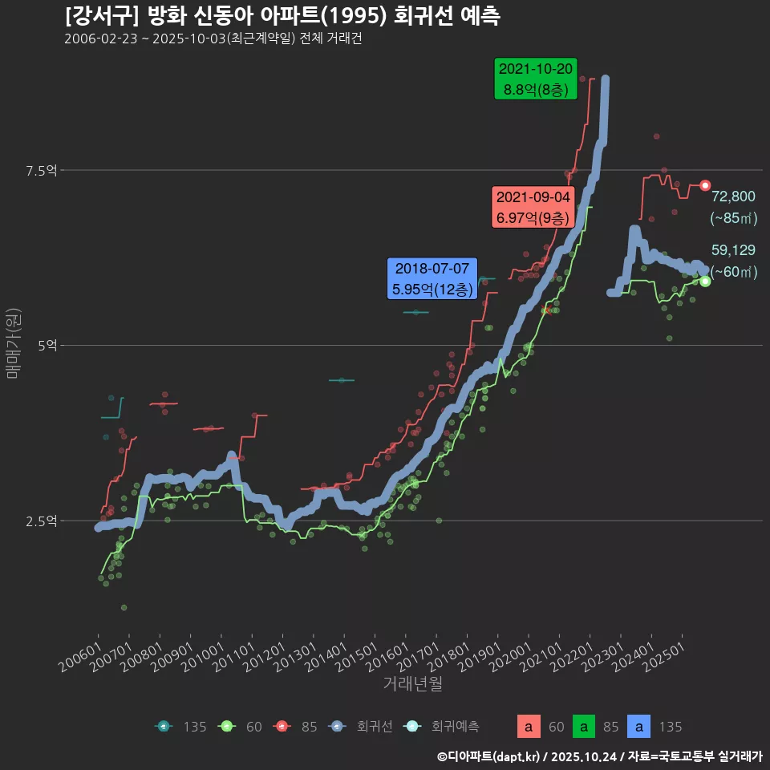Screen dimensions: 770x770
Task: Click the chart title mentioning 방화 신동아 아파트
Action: tap(282, 15)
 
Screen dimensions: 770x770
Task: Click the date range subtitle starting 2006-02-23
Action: tap(213, 39)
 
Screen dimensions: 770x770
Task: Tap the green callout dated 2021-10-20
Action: tap(536, 79)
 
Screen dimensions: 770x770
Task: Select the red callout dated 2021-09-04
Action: tap(533, 207)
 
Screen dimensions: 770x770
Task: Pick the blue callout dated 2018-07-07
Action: tap(432, 278)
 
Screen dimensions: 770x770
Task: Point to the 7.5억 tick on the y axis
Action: tap(41, 170)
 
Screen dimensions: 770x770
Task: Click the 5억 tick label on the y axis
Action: tap(47, 346)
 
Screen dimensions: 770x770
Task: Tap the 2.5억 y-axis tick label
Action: tap(41, 521)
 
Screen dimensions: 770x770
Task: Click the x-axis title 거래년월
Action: tap(412, 683)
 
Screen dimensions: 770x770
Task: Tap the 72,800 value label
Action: tap(733, 197)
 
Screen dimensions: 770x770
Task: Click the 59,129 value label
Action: tap(733, 250)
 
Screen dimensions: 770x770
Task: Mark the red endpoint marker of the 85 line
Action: tap(705, 185)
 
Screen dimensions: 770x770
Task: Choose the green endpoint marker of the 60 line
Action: tap(705, 281)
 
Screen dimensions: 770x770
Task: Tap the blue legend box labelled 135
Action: tap(639, 727)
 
